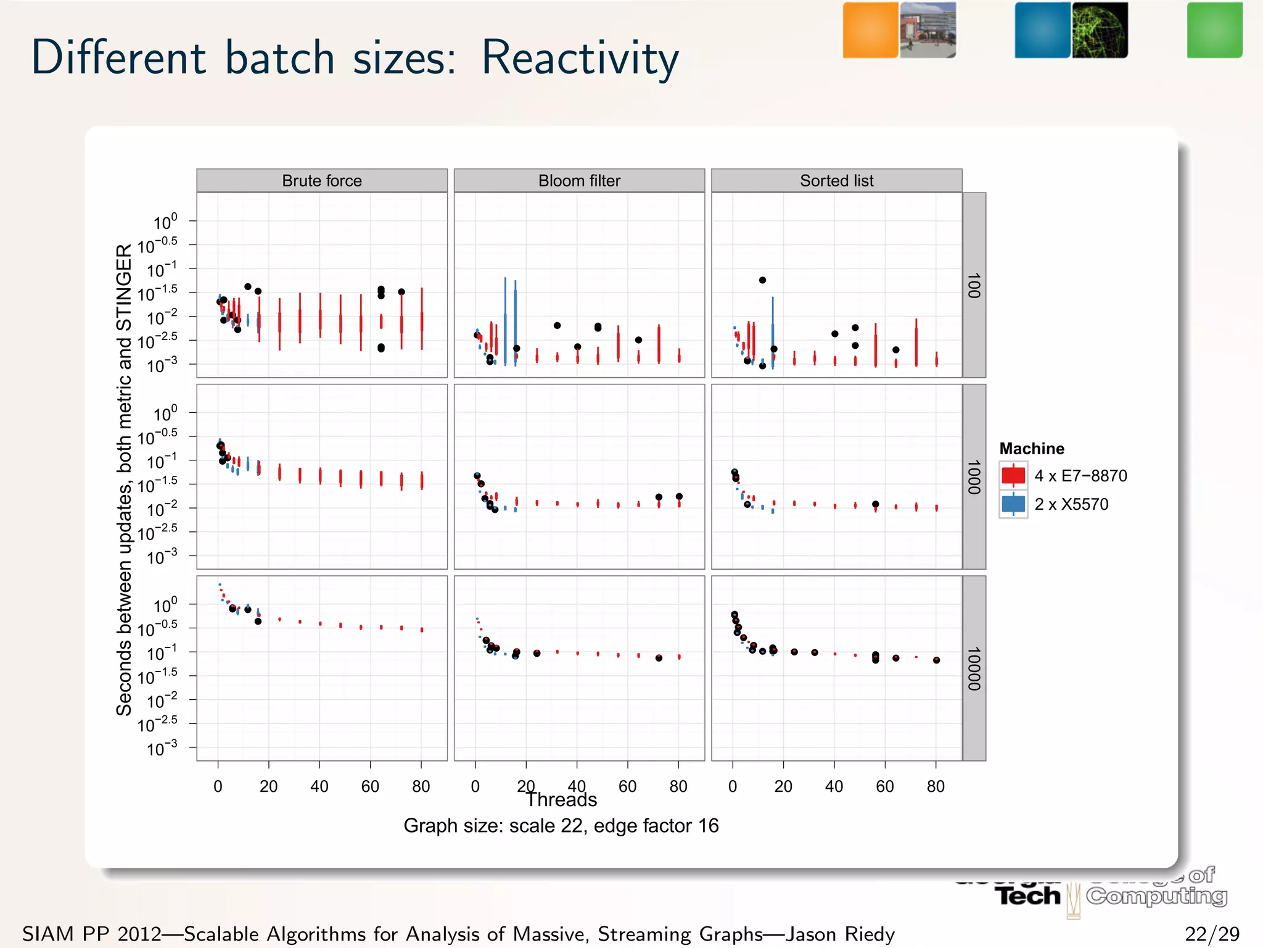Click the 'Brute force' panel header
(321, 181)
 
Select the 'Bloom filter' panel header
(579, 181)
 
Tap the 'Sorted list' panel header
(836, 181)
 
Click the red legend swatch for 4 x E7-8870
(1013, 476)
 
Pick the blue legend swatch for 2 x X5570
(1013, 504)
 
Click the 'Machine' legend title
(1031, 449)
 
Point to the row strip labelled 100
(974, 285)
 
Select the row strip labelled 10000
(974, 668)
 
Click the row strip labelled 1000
(974, 476)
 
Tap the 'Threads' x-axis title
(561, 800)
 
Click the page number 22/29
(1212, 934)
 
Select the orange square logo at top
(870, 30)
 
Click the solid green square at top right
(1214, 30)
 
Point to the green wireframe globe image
(1100, 30)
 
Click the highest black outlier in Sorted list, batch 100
(762, 280)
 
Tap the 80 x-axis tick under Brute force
(421, 786)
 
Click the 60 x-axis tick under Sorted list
(885, 786)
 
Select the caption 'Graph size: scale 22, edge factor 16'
(561, 826)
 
